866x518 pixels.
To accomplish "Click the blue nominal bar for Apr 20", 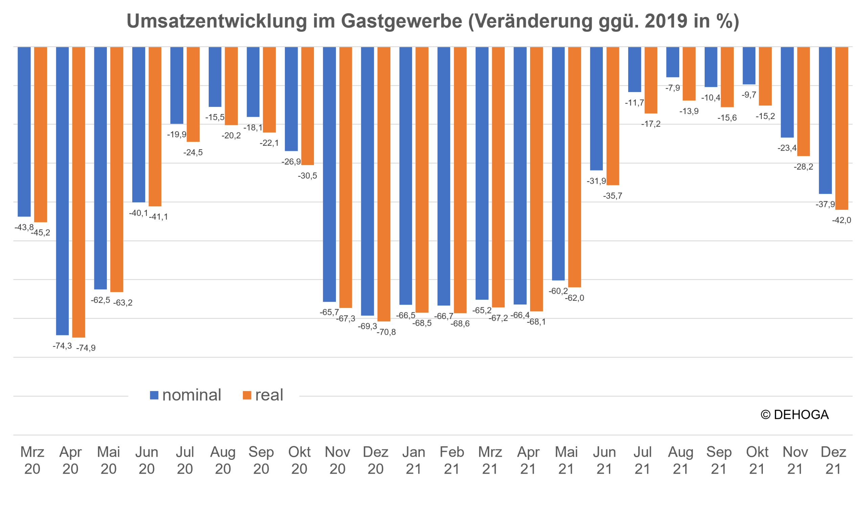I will (63, 191).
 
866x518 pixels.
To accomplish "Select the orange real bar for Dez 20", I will (384, 184).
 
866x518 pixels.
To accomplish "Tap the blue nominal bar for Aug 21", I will (673, 62).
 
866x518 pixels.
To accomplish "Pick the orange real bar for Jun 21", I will (613, 116).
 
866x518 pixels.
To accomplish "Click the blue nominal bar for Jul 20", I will (177, 85).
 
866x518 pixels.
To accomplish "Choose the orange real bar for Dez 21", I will (842, 128).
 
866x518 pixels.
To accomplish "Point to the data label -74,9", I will (86, 348).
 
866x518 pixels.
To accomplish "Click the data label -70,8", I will (386, 332).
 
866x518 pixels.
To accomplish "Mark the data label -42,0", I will (842, 220).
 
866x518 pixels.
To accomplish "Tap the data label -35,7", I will (613, 196).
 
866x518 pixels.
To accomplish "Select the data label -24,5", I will (193, 152).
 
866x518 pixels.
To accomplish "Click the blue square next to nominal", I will (154, 395).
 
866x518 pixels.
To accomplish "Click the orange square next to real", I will (247, 395).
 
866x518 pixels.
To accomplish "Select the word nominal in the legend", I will (191, 395).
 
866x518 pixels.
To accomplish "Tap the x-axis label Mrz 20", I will (32, 460).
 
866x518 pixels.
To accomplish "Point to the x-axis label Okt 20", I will (299, 460).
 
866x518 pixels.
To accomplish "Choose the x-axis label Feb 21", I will (452, 460).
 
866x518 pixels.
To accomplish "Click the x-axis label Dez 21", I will (833, 460).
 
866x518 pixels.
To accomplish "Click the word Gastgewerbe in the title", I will (402, 22).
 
